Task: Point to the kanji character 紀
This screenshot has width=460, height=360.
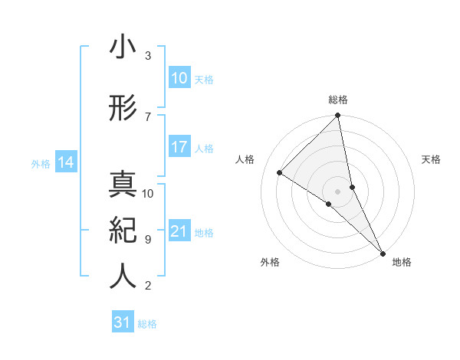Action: [x=122, y=230]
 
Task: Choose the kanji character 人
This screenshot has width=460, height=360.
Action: [x=122, y=276]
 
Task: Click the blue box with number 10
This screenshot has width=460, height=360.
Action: [x=179, y=78]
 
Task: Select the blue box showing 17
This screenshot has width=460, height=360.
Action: [x=179, y=147]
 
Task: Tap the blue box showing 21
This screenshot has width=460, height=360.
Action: [x=179, y=231]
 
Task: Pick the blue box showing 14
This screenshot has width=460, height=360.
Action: [x=65, y=162]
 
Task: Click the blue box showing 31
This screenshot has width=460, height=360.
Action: [x=122, y=322]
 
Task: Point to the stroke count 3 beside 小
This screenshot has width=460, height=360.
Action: [x=147, y=56]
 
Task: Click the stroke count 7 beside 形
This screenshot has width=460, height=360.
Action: [x=147, y=116]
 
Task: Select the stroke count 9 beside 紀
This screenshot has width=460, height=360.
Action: [x=147, y=239]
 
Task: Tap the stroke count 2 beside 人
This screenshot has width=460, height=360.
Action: [x=147, y=286]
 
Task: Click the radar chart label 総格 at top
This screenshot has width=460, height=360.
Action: [x=338, y=100]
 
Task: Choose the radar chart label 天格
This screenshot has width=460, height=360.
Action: [x=431, y=159]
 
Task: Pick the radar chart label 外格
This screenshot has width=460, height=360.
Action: [x=269, y=263]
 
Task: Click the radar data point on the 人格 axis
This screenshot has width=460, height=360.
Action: [x=280, y=172]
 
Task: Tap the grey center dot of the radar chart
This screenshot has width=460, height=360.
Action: [x=338, y=191]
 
